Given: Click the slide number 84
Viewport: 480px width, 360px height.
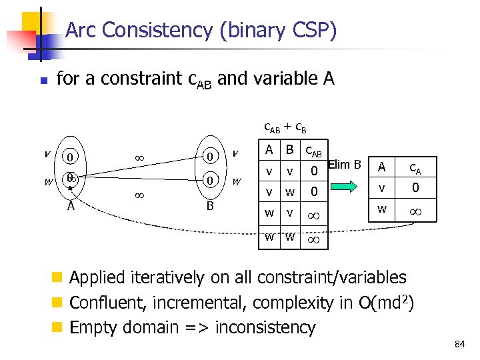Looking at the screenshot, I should (x=459, y=344).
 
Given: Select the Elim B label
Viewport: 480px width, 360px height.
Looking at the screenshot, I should (x=345, y=164).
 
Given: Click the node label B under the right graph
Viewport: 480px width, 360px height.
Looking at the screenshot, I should (x=209, y=207).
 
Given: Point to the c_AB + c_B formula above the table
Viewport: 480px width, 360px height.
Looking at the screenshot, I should (x=285, y=126).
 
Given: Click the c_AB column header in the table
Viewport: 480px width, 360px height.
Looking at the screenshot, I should (x=312, y=151).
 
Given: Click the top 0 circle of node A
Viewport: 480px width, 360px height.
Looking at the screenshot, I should (x=69, y=158).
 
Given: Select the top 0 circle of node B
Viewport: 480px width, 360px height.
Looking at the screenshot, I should (x=209, y=157).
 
